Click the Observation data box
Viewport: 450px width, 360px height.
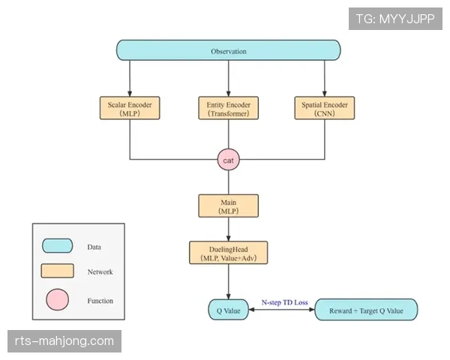click(228, 50)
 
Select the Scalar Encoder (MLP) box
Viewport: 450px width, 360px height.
click(130, 107)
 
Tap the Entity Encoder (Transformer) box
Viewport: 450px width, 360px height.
click(228, 107)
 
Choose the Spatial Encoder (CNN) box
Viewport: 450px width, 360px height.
click(325, 107)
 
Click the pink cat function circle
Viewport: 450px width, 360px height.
click(228, 159)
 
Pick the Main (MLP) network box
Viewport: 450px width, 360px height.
click(228, 205)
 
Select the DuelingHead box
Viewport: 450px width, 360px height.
click(228, 252)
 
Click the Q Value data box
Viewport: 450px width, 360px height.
click(228, 309)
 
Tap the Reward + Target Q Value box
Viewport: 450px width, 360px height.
click(365, 309)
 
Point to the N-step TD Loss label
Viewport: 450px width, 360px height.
click(284, 302)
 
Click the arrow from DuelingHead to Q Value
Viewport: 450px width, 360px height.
click(228, 281)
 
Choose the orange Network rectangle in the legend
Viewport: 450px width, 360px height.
click(57, 271)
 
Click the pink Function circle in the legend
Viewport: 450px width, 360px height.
click(57, 300)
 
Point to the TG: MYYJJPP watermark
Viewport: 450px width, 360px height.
click(396, 19)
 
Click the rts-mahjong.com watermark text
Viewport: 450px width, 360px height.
click(64, 341)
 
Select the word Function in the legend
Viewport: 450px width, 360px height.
click(100, 301)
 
